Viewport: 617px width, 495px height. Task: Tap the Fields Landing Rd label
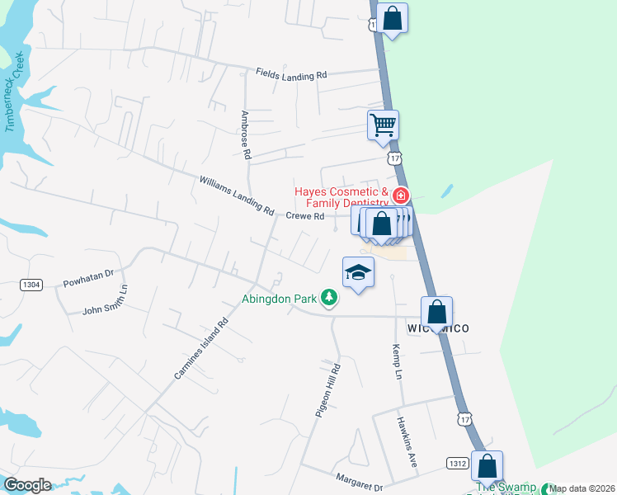291,75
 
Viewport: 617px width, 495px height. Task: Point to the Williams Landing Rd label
237,196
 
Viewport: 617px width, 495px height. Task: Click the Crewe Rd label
305,216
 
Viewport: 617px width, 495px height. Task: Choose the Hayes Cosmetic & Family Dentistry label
341,197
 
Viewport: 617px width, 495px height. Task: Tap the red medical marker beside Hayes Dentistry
400,196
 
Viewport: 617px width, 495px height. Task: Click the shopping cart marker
383,125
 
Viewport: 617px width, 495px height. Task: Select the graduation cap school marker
359,272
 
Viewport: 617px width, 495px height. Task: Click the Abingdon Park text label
280,299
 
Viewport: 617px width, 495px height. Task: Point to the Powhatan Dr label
87,277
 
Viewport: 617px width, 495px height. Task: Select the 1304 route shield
31,285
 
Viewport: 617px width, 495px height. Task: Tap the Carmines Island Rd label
200,351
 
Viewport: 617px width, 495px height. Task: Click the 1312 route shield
458,464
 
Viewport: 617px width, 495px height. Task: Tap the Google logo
28,485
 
